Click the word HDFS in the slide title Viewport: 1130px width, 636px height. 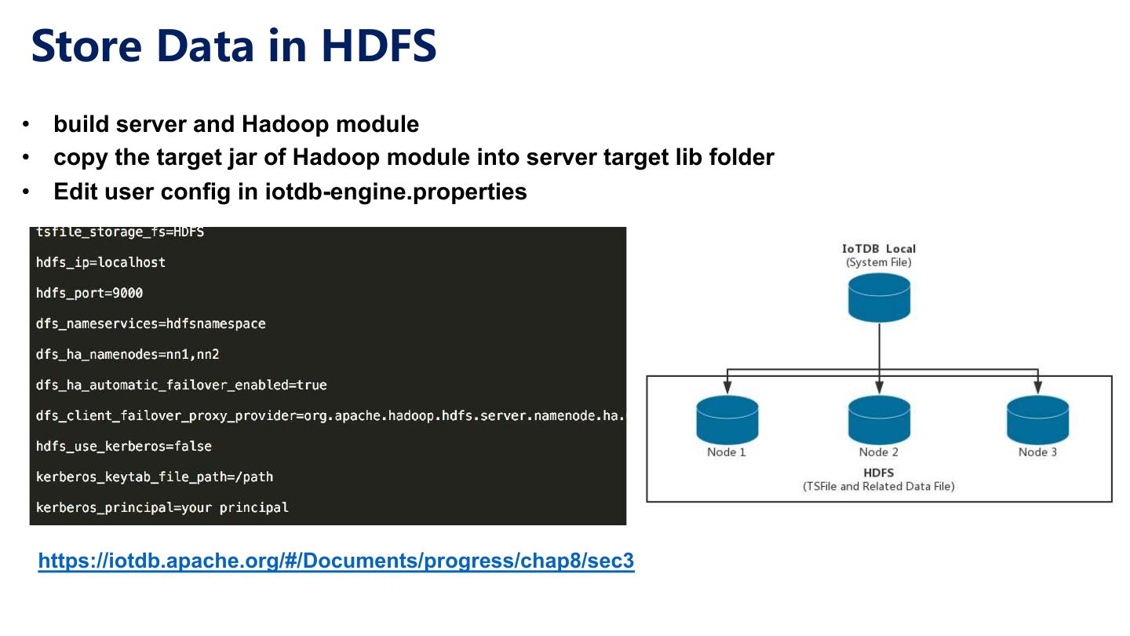[379, 46]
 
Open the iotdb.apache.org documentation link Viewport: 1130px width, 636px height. [336, 561]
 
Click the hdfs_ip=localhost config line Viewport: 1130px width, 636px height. [100, 262]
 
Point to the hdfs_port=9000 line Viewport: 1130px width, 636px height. [89, 293]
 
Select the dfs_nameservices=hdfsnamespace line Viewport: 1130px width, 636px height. [151, 323]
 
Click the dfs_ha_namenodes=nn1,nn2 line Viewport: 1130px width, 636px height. [128, 354]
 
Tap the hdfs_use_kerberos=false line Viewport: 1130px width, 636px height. [124, 446]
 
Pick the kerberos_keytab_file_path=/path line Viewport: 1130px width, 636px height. [155, 477]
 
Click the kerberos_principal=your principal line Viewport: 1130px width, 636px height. [162, 507]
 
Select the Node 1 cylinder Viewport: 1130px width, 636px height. [727, 419]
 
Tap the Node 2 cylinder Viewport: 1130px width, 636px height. [879, 419]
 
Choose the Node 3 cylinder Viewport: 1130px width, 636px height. [1037, 419]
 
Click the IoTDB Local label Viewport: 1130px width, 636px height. [879, 249]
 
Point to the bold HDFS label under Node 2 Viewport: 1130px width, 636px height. [879, 473]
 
